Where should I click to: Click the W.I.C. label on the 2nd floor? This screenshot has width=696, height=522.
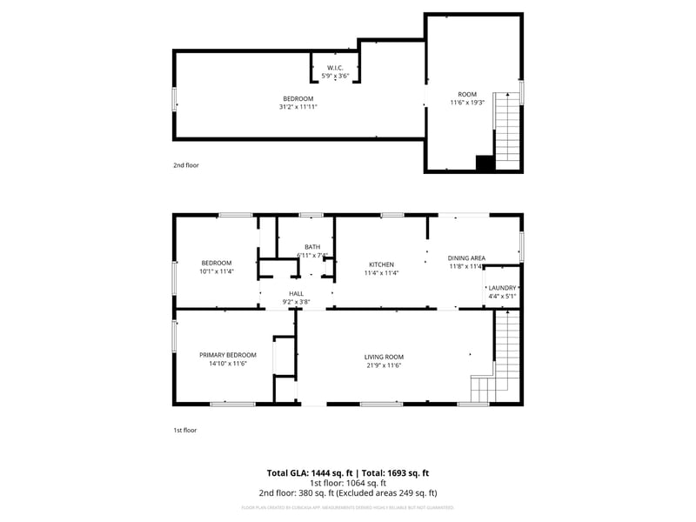pos(336,68)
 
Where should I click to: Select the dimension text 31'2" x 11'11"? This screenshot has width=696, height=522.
pos(298,107)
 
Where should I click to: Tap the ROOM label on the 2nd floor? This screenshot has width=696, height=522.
pos(468,94)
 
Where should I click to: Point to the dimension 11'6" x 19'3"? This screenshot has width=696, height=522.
pos(468,103)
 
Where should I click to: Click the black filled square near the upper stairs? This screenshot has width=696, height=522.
pos(485,163)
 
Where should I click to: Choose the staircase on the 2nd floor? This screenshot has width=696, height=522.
pos(507,130)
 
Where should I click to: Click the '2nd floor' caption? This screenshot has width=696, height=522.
pos(186,164)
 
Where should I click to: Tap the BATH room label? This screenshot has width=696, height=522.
pos(311,247)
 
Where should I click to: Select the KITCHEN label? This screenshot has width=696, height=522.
pos(381,264)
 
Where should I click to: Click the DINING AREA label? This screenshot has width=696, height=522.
pos(466,258)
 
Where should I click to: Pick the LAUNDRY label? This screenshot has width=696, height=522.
pos(502,288)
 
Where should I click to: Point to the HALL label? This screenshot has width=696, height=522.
pos(297,294)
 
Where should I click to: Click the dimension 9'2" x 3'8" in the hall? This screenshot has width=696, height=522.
pos(297,302)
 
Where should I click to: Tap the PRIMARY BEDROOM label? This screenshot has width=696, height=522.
pos(228,355)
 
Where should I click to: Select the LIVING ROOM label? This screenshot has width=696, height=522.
pos(384,357)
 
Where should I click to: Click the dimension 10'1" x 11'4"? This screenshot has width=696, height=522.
pos(217,271)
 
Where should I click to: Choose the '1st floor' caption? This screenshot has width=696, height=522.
pos(184,430)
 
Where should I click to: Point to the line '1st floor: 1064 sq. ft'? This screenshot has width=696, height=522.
pos(348,483)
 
